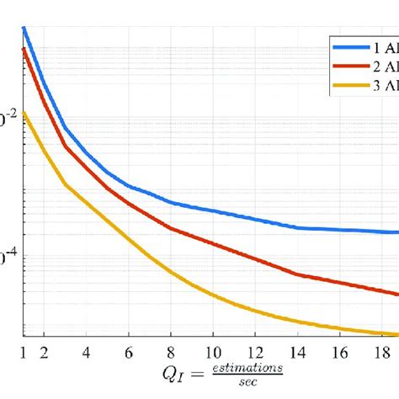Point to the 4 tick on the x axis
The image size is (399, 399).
coord(86,348)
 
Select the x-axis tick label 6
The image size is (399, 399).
coord(129,348)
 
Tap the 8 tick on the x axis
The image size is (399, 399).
coord(171,348)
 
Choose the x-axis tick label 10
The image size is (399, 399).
coord(214,348)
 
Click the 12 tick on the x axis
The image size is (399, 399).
coord(256,348)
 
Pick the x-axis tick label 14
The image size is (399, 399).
coord(299,348)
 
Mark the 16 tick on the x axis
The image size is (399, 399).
coord(341,348)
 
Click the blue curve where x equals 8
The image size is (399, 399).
coord(171,202)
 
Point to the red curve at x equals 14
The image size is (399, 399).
coord(299,274)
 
